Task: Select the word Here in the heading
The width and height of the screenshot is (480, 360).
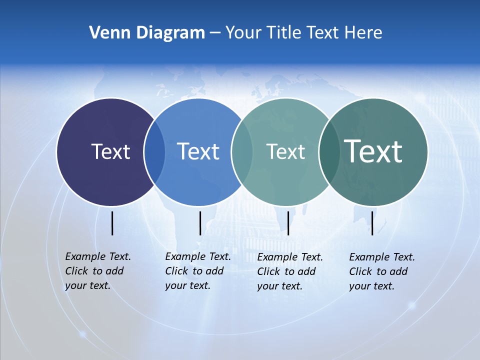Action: pyautogui.click(x=363, y=32)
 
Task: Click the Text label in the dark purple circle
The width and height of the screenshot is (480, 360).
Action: pyautogui.click(x=110, y=151)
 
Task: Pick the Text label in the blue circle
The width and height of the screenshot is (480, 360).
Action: pyautogui.click(x=198, y=151)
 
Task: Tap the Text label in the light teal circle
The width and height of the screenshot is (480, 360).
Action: pyautogui.click(x=285, y=151)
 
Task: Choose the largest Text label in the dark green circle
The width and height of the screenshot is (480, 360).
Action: pyautogui.click(x=373, y=151)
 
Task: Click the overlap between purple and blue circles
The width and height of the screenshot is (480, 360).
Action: pyautogui.click(x=154, y=152)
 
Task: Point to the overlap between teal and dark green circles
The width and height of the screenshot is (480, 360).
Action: pyautogui.click(x=329, y=152)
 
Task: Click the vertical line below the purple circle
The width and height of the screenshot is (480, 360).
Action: pyautogui.click(x=112, y=223)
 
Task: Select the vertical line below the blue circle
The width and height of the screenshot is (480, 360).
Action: pyautogui.click(x=200, y=223)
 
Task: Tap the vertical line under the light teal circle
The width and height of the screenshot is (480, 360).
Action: pyautogui.click(x=288, y=223)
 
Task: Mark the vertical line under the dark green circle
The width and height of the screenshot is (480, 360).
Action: pyautogui.click(x=372, y=223)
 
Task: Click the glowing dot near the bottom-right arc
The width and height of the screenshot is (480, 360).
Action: pyautogui.click(x=412, y=304)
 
